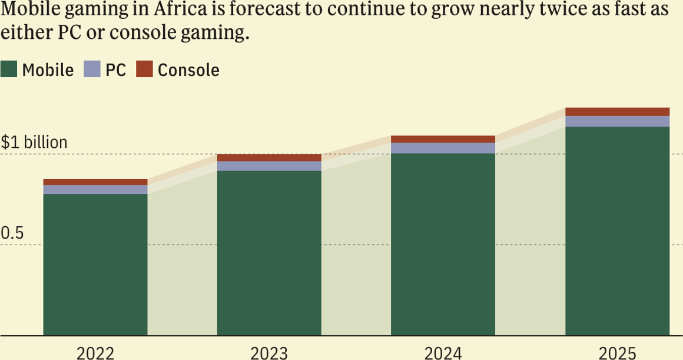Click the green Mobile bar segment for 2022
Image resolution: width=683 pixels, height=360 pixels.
click(95, 265)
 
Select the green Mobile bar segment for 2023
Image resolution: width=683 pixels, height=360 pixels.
click(269, 253)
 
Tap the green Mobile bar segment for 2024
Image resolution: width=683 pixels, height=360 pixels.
click(443, 245)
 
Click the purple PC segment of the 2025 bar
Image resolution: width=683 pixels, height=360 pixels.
click(617, 121)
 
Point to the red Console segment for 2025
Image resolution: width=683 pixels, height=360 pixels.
click(617, 112)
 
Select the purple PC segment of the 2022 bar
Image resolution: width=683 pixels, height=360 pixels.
click(95, 189)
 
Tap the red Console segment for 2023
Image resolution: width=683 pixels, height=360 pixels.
click(269, 157)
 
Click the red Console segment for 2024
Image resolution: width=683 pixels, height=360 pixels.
click(443, 139)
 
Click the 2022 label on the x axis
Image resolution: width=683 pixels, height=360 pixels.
click(95, 353)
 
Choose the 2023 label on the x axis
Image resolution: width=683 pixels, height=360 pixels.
click(269, 353)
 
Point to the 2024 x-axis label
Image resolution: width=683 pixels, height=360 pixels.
click(443, 353)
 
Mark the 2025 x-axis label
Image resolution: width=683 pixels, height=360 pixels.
click(617, 353)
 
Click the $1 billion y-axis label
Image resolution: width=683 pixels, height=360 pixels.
click(34, 143)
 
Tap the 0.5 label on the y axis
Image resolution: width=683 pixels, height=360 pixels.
click(12, 233)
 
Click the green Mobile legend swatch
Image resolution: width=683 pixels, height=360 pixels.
click(9, 70)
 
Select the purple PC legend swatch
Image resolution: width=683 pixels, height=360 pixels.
click(92, 70)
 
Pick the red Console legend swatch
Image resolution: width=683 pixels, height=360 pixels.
click(144, 70)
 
